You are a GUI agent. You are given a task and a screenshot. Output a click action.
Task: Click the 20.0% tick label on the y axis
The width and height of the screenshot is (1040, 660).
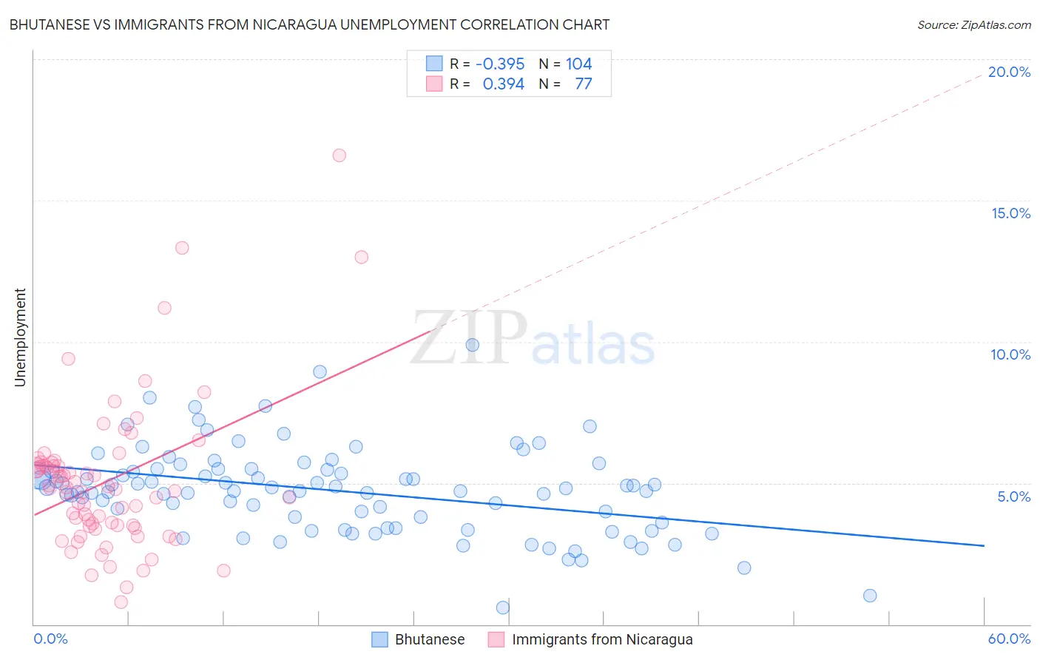click(1009, 72)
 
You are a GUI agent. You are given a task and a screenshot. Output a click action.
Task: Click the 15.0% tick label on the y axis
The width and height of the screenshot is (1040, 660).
click(1010, 213)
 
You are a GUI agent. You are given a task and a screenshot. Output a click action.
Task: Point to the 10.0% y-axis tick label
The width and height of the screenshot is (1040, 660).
click(1010, 354)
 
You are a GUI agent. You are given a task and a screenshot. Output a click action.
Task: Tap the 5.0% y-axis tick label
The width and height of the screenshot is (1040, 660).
click(1013, 496)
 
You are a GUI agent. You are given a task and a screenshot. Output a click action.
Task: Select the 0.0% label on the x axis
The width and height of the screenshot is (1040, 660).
click(50, 639)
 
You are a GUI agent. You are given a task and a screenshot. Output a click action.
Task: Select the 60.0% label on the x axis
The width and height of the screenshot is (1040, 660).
click(1009, 639)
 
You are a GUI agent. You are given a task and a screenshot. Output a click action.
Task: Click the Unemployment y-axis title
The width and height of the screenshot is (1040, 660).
click(20, 337)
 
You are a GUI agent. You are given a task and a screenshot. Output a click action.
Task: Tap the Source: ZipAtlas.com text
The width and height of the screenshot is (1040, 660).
click(973, 24)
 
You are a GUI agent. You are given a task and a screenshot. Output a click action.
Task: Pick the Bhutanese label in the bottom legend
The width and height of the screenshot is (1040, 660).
click(430, 639)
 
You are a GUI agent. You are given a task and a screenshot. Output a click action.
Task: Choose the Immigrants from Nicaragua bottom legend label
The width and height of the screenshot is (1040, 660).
click(602, 639)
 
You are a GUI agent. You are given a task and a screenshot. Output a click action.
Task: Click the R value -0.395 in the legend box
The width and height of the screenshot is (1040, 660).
click(500, 64)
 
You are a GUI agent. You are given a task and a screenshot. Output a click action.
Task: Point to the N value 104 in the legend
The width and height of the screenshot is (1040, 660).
click(578, 64)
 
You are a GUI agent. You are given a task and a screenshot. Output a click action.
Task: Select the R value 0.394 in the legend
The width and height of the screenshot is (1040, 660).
click(503, 84)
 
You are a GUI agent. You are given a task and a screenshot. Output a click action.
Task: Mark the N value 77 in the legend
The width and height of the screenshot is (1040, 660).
click(583, 84)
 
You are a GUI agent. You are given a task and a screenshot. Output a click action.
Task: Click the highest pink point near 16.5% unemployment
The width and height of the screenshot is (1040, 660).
click(339, 155)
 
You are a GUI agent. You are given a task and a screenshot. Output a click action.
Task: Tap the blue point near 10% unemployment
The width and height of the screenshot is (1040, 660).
click(472, 345)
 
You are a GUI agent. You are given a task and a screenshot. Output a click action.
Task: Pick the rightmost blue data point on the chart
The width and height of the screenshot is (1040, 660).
click(870, 596)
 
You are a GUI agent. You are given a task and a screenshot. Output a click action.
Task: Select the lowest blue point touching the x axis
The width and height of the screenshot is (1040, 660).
click(503, 607)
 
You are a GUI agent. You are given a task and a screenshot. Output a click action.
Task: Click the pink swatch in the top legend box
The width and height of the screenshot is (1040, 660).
click(434, 84)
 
